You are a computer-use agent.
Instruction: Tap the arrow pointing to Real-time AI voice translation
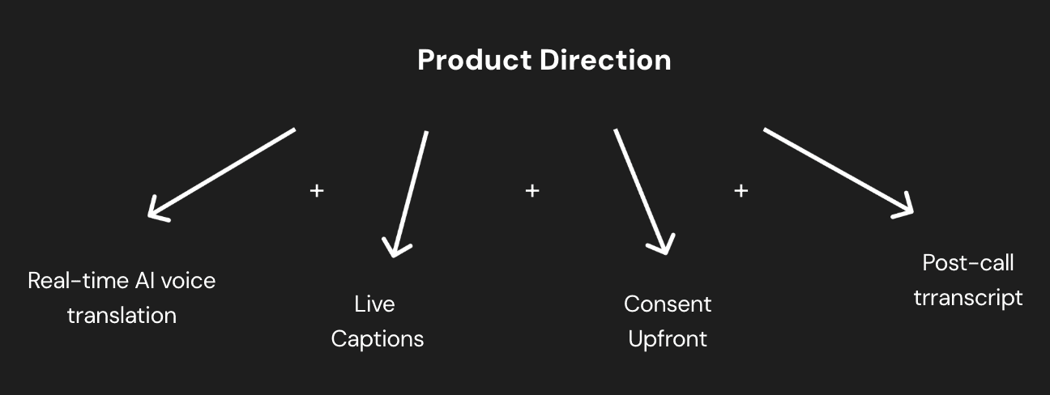point(221,173)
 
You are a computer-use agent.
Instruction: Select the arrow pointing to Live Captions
point(410,194)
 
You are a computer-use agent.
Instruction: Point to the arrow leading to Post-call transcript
point(838,171)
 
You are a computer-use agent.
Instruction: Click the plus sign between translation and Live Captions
point(317,191)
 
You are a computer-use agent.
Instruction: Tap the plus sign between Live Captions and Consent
point(531,191)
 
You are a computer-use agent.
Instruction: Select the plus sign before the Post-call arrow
point(741,191)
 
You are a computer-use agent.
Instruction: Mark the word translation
point(122,315)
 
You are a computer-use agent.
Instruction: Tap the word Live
point(374,304)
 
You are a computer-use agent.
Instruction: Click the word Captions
point(378,338)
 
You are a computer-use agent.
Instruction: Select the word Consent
point(668,304)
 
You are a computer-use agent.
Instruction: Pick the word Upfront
point(668,338)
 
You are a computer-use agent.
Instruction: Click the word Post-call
point(968,264)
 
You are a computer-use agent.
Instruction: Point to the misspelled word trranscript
point(968,298)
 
